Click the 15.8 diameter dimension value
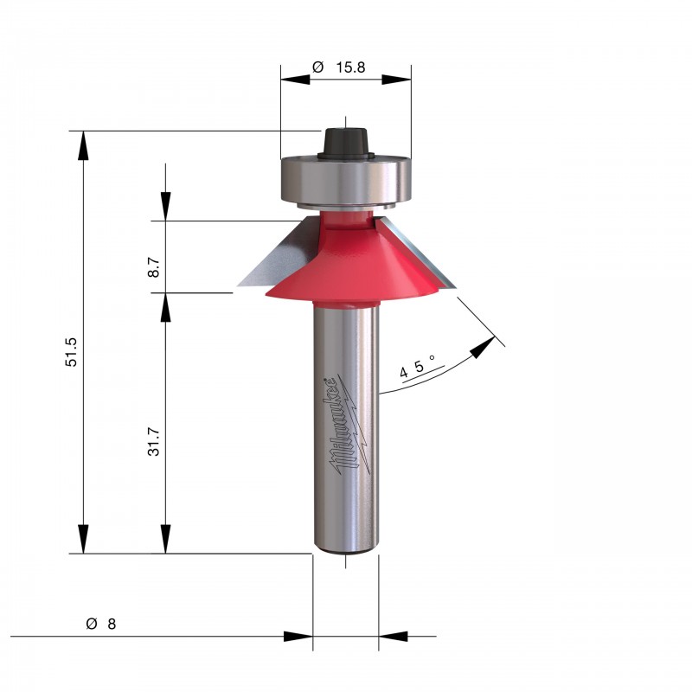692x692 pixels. pyautogui.click(x=350, y=67)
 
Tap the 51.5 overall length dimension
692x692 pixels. pyautogui.click(x=71, y=352)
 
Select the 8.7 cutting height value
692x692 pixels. pyautogui.click(x=154, y=267)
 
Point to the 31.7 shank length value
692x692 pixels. pyautogui.click(x=154, y=441)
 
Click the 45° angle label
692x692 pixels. pyautogui.click(x=417, y=366)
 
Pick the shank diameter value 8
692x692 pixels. pyautogui.click(x=112, y=624)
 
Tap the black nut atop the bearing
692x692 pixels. pyautogui.click(x=346, y=142)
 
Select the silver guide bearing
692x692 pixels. pyautogui.click(x=345, y=181)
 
